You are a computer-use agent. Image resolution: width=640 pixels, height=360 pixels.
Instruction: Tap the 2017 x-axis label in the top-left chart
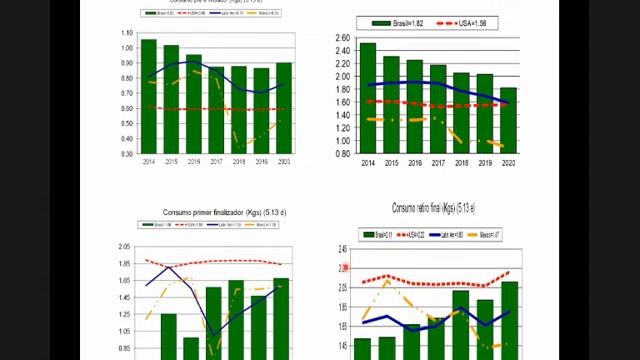point(216,161)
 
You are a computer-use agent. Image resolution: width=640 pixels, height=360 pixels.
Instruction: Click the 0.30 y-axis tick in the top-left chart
point(126,153)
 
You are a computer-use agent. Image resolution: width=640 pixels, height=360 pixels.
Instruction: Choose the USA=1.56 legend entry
point(485,22)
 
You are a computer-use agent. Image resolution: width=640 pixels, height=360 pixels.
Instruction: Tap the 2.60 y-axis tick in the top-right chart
point(342,38)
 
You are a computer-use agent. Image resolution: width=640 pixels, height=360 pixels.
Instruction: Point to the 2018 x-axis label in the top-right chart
point(461,162)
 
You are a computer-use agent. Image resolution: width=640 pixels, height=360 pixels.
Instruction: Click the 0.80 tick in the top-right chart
point(342,153)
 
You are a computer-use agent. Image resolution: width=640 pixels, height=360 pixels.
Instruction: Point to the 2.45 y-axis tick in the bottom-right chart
point(342,249)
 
